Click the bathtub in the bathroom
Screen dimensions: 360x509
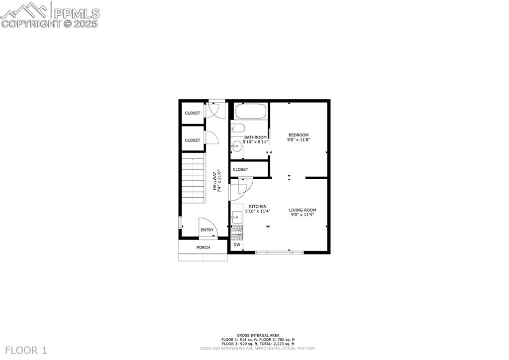coord(251,111)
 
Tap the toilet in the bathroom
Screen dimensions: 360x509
coord(236,127)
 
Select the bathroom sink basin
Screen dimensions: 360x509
coord(237,146)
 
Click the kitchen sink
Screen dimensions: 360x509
coord(237,218)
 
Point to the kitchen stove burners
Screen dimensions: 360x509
coord(238,231)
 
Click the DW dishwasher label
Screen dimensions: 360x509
coord(237,244)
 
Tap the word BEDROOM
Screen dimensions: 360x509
coord(299,135)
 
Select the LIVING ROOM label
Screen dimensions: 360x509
coord(303,210)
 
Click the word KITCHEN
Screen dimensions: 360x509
coord(258,206)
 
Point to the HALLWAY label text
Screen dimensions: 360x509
coord(215,181)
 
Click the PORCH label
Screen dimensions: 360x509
coord(203,247)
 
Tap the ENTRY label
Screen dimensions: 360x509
coord(207,230)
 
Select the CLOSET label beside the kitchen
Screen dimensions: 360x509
coord(240,169)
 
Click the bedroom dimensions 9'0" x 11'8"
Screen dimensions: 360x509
coord(299,140)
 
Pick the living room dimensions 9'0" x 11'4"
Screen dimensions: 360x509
coord(303,215)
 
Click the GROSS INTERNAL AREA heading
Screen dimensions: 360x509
coord(258,336)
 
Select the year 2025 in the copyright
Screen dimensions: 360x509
coord(87,23)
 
